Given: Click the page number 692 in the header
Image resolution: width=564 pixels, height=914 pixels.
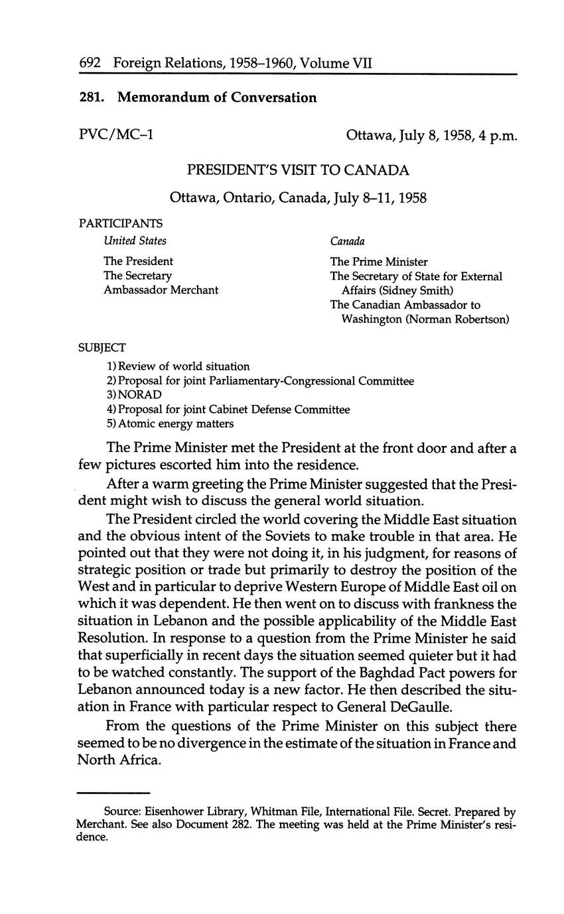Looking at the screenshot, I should tap(90, 64).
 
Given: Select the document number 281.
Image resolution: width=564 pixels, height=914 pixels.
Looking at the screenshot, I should tap(92, 97).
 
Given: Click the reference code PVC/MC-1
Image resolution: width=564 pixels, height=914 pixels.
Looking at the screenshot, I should tap(116, 135).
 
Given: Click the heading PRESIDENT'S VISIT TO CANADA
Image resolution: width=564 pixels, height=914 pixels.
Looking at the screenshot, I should tap(298, 170).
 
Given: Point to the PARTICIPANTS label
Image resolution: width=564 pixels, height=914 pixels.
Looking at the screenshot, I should tap(120, 224).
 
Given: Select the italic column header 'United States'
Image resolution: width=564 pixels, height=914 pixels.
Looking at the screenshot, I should tap(135, 241).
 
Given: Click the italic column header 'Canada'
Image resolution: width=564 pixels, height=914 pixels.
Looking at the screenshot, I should tap(347, 241).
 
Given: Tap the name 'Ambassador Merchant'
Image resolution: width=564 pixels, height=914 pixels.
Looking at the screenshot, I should tap(161, 290).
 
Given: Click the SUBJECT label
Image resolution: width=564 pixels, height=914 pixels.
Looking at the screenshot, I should tap(102, 347).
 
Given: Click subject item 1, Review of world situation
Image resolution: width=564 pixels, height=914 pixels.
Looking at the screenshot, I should tap(178, 366).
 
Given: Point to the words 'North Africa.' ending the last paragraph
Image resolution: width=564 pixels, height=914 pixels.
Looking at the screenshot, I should tap(119, 760).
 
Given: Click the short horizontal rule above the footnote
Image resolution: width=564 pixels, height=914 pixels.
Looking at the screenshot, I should tap(113, 792).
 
